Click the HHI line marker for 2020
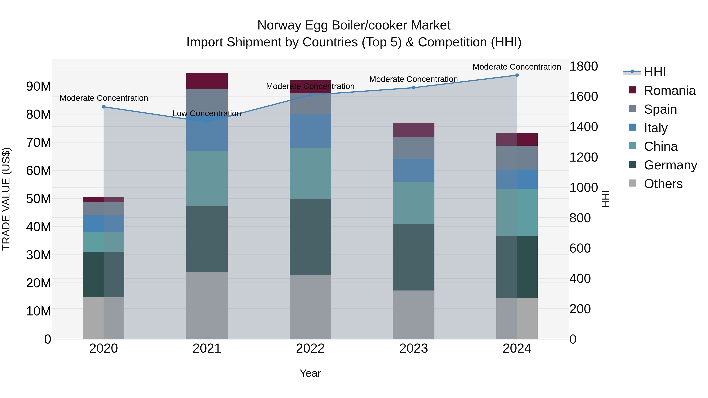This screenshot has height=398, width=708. (x=104, y=107)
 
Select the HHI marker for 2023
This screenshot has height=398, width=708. (x=414, y=88)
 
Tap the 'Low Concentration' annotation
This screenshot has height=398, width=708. (x=206, y=113)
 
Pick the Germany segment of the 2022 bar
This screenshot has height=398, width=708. (x=310, y=237)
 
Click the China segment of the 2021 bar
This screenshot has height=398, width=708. (x=207, y=178)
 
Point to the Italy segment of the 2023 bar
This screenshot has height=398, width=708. (x=414, y=170)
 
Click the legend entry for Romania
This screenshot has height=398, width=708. (x=669, y=91)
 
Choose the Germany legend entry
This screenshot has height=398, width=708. (x=670, y=165)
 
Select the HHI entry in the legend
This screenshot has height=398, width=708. (x=655, y=72)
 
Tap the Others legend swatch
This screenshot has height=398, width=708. (x=632, y=183)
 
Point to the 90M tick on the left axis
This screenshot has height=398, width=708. (x=39, y=86)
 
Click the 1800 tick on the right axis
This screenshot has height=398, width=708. (x=583, y=66)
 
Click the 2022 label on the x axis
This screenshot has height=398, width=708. (x=310, y=348)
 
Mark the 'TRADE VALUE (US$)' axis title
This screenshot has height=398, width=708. (x=6, y=199)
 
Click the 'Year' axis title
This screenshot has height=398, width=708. (x=310, y=373)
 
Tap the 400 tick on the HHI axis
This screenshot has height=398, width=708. (x=580, y=279)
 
